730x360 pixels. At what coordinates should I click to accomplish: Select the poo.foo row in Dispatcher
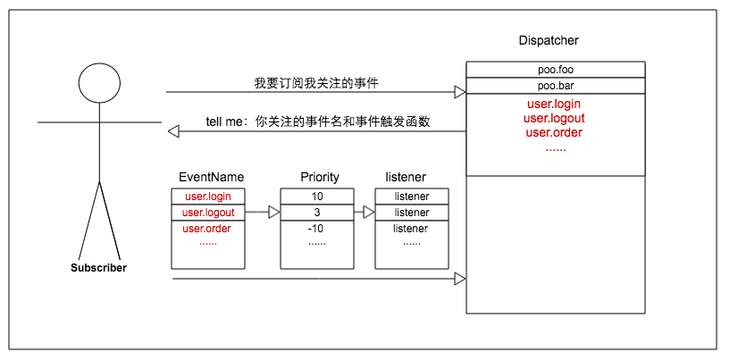pos(555,70)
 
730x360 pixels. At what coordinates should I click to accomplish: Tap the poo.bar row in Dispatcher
pos(555,86)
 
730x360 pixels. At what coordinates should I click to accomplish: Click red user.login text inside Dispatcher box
pos(554,104)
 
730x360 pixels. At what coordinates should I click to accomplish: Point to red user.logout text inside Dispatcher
pos(554,118)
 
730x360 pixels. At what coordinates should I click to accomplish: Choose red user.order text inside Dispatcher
pos(554,132)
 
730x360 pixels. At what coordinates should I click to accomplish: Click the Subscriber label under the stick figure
pos(98,268)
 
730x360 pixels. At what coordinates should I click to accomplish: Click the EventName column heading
pos(211,177)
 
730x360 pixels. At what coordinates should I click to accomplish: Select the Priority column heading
pos(319,177)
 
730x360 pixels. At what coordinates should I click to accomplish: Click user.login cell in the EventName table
pos(207,197)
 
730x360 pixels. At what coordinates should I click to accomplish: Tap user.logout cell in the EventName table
pos(207,213)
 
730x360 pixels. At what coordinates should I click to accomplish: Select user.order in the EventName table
pos(207,229)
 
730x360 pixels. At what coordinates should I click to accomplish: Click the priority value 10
pos(317,197)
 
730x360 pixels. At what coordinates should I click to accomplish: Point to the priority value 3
pos(317,213)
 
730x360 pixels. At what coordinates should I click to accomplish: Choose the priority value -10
pos(317,229)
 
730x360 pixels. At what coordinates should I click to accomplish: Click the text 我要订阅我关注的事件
pos(311,83)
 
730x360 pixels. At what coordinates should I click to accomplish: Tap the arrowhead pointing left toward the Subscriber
pos(173,131)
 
